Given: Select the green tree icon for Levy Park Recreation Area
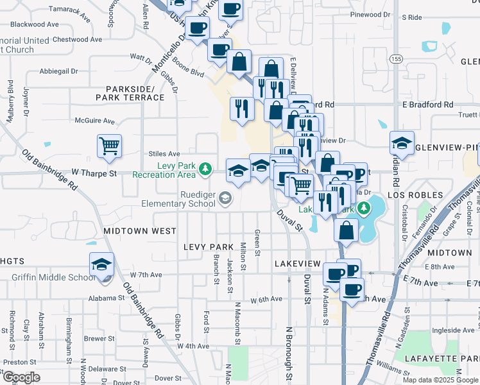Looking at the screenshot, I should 205,169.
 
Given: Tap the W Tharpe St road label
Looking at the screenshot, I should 94,173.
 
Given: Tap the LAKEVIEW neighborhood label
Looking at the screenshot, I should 297,264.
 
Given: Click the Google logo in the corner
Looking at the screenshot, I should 21,377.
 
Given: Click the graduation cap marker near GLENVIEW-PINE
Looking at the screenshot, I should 402,144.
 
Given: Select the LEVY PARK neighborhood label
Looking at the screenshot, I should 209,246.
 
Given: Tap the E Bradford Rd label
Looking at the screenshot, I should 427,105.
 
